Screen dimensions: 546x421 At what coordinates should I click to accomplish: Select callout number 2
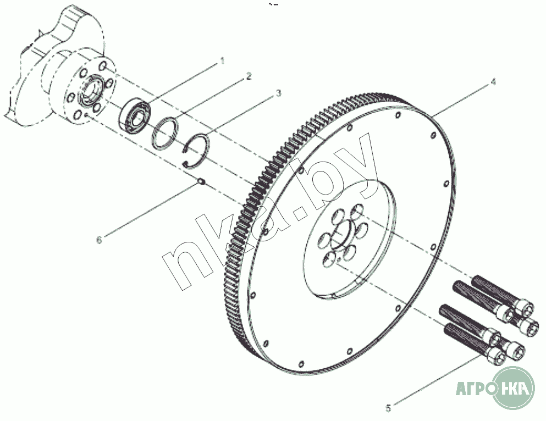point(249,76)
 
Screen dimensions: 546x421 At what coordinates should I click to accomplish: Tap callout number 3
point(278,94)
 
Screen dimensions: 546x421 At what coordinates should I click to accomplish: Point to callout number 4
point(493,82)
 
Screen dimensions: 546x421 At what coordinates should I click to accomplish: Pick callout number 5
point(388,408)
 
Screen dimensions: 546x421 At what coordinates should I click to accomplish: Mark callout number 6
point(99,240)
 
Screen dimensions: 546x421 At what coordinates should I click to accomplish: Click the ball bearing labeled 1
point(135,116)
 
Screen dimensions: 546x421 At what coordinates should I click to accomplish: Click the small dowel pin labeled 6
point(202,181)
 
